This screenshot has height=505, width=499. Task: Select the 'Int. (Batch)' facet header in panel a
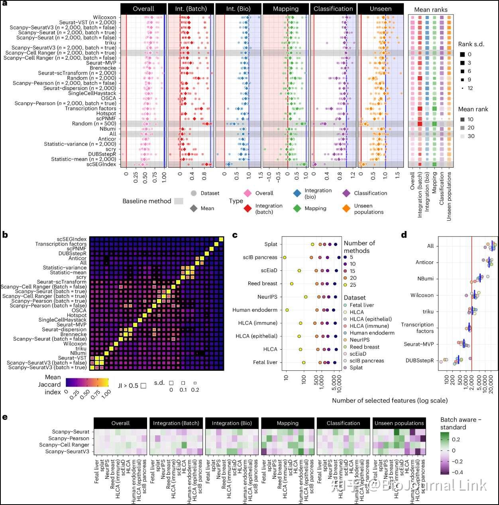coord(191,9)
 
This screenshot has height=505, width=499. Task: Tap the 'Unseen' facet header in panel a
coord(380,9)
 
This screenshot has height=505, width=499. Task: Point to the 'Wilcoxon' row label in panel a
coord(104,18)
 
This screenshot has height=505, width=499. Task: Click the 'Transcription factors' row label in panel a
coord(90,108)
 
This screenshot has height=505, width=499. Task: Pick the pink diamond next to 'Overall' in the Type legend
coord(248,194)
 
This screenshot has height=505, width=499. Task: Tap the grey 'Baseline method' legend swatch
coord(179,202)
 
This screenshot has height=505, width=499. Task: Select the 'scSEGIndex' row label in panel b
coord(71,239)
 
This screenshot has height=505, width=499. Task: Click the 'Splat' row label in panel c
coord(271,245)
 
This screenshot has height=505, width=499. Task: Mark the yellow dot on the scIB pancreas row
coord(285,258)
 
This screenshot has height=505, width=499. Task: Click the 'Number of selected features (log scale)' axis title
coord(389,400)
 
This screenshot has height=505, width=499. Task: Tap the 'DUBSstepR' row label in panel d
coord(420,361)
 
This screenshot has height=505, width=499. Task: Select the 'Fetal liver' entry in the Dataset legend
coord(361,305)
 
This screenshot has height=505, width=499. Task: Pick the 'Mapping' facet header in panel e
coord(287,423)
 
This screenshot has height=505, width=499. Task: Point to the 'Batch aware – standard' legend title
coord(460,423)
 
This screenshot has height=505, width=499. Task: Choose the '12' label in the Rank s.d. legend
coord(470,88)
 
